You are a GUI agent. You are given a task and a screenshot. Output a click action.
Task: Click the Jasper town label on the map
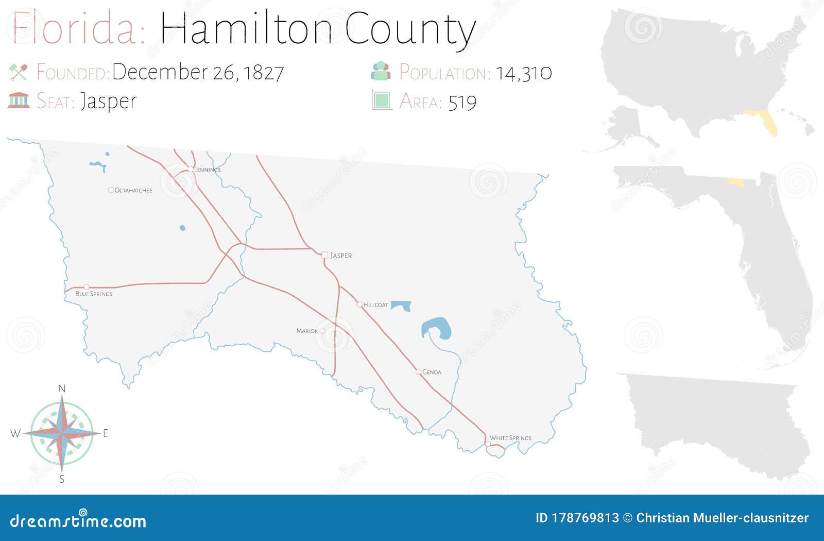[341, 256]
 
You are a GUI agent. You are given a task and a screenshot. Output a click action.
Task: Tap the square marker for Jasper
[324, 255]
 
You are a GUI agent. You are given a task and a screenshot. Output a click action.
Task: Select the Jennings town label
[208, 170]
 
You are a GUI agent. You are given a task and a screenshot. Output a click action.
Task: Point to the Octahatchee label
[133, 191]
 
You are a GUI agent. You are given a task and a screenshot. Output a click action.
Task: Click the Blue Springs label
[94, 294]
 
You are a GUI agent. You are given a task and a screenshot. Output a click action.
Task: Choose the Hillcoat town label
[375, 305]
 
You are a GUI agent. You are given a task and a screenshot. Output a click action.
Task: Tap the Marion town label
[307, 331]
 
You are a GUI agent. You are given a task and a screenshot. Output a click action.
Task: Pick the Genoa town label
[432, 373]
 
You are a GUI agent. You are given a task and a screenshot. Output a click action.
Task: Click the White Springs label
[510, 438]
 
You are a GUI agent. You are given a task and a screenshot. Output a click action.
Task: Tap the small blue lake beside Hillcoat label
[401, 305]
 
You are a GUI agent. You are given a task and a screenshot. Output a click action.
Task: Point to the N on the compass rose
[62, 389]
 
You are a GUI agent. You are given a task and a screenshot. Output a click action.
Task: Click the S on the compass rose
[62, 479]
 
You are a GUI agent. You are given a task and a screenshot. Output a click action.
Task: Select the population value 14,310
[524, 73]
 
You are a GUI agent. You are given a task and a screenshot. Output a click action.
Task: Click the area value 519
[462, 103]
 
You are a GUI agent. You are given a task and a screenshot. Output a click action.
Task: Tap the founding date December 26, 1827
[198, 72]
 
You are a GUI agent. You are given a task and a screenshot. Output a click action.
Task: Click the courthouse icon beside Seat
[19, 100]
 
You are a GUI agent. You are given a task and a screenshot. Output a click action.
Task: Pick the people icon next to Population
[381, 71]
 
